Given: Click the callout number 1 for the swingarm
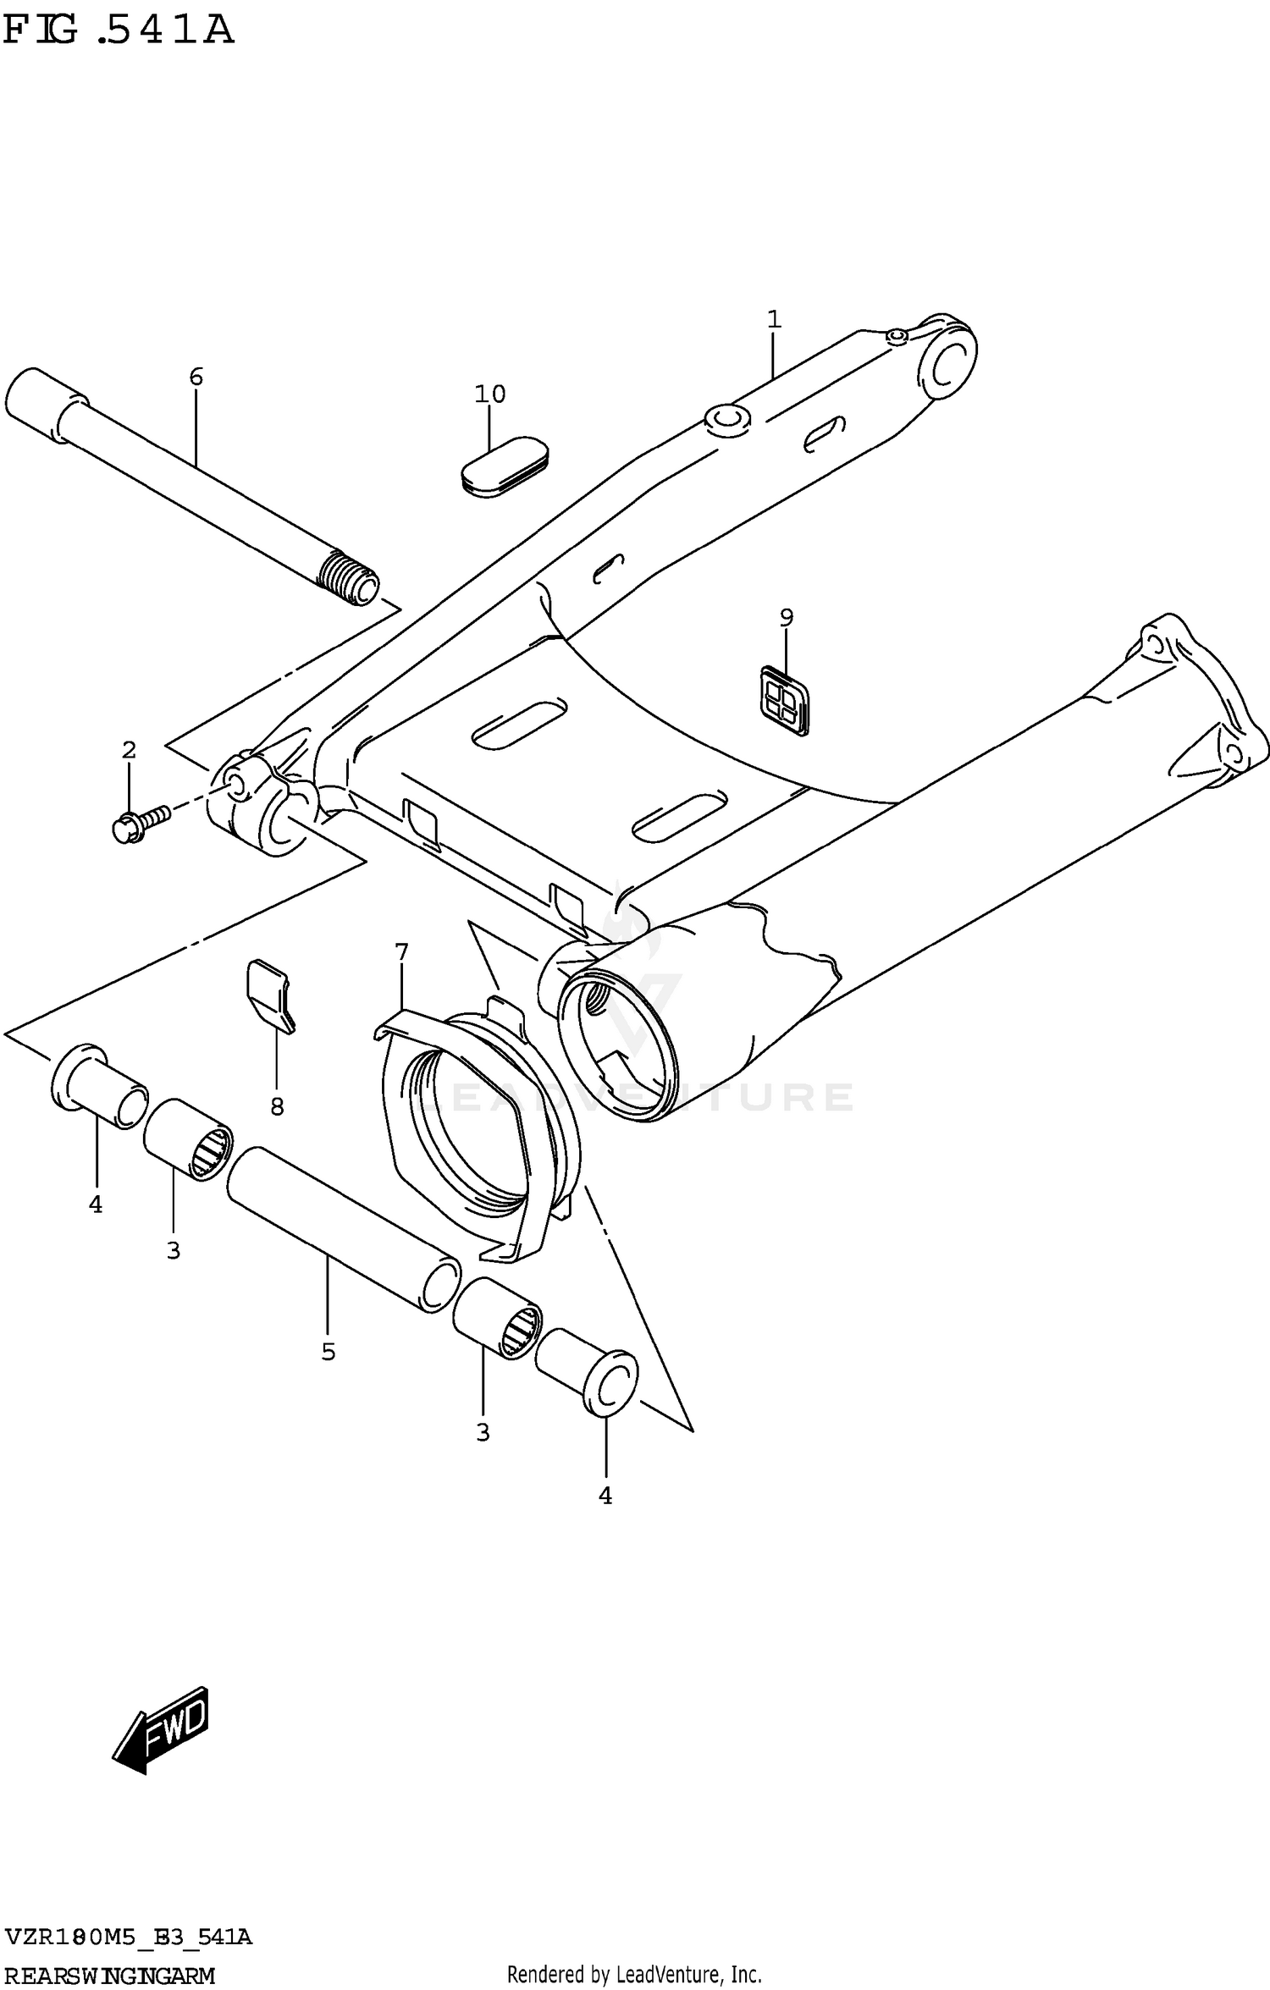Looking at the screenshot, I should [773, 320].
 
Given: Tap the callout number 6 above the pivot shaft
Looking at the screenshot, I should [196, 377].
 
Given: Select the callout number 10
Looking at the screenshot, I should [490, 394].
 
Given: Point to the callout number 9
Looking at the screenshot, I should [787, 618].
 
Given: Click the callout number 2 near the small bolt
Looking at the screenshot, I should [129, 750].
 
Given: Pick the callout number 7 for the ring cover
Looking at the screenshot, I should [401, 952].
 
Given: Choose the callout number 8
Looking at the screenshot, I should [277, 1106].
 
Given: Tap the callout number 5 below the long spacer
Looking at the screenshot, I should [329, 1352].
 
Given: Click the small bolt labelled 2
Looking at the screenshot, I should [140, 823].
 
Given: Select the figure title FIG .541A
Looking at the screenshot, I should [119, 31].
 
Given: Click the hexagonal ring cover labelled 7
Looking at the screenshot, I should [474, 1134].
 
